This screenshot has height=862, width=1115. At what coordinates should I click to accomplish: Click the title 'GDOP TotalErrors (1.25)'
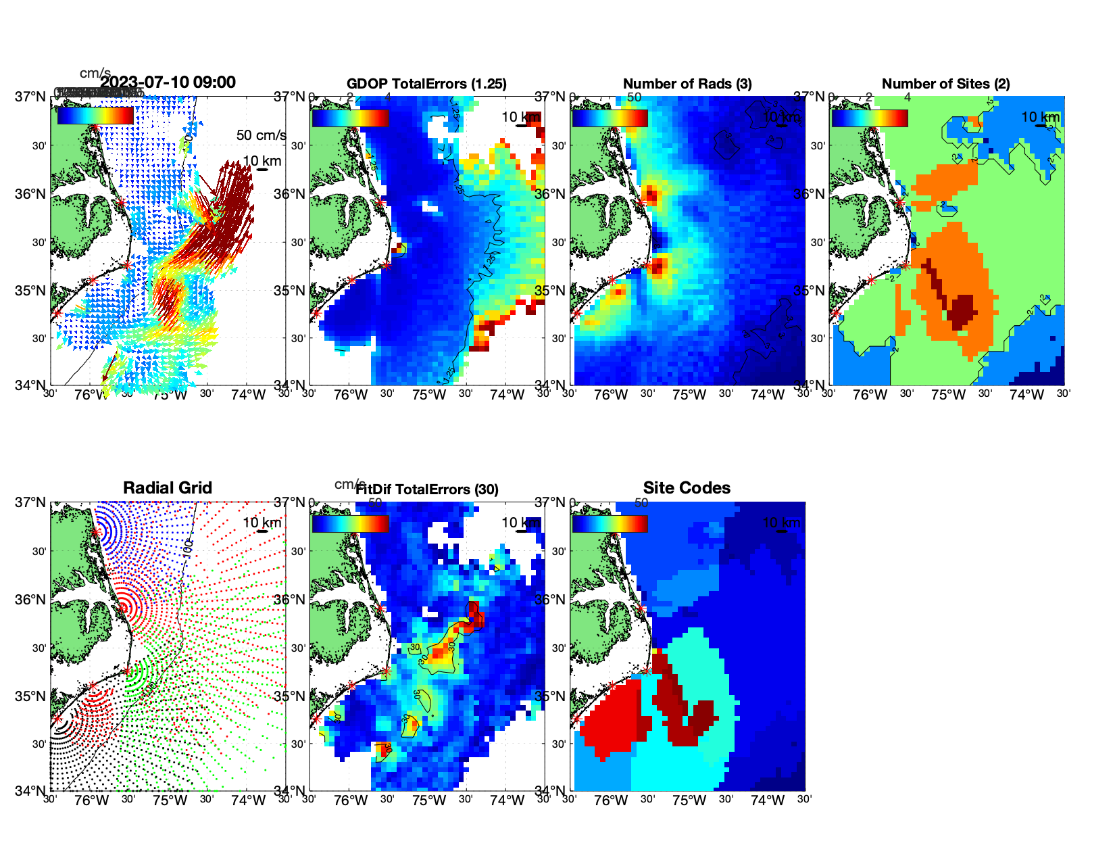point(426,84)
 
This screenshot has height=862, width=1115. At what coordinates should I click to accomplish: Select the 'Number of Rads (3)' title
point(687,84)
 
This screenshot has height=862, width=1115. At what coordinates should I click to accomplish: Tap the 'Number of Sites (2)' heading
point(945,84)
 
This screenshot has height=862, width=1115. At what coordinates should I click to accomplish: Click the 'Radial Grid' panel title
point(168,488)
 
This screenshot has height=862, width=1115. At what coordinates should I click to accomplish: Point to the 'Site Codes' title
point(687,488)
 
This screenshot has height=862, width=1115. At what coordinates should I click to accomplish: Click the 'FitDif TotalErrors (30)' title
point(427,489)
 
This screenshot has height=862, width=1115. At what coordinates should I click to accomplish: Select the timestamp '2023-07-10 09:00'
point(168,82)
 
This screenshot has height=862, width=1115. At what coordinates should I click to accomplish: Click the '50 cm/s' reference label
point(261,135)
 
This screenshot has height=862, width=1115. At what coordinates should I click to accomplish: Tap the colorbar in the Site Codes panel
point(610,524)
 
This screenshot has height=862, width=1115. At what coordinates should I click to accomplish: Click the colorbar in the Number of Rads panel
point(610,118)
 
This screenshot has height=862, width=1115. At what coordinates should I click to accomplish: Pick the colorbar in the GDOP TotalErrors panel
point(350,118)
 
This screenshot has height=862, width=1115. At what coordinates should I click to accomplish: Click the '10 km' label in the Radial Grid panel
point(262,523)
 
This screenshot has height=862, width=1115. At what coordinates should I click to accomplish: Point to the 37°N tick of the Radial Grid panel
point(30,502)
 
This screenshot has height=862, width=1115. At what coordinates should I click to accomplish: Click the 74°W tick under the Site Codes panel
point(767,800)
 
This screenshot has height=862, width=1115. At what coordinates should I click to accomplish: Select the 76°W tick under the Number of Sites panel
point(870,395)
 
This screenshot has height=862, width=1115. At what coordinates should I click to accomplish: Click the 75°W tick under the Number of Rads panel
point(689,395)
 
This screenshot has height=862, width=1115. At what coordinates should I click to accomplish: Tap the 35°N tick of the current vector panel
point(30,291)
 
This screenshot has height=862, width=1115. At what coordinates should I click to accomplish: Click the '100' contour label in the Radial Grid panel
point(188,546)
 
